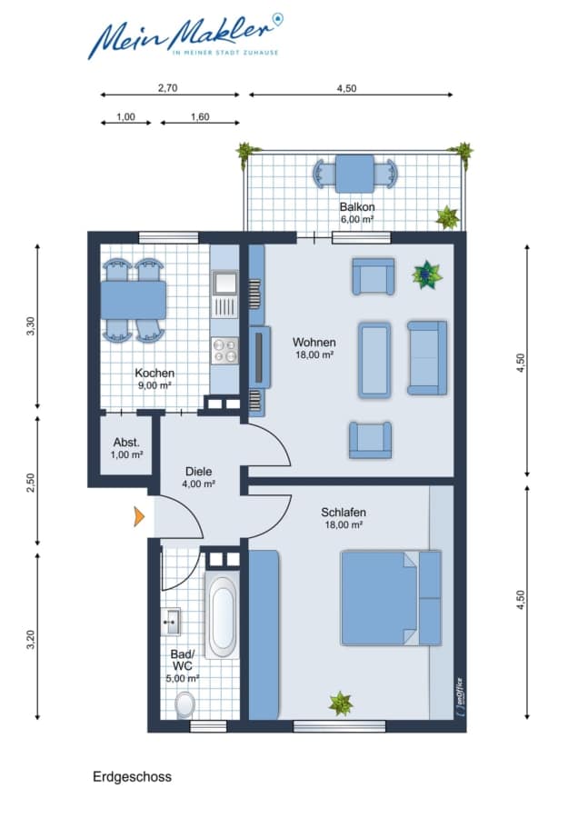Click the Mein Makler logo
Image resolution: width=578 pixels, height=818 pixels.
pos(185,35)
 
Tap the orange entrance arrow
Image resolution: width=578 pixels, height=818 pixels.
pos(139,516)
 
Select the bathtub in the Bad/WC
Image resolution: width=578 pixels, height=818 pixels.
pos(223,615)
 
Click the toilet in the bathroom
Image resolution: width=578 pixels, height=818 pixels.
pos(184,704)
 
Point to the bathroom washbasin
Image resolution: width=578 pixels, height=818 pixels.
pos(170,622)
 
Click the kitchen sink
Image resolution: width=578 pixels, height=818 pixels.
pos(224,283)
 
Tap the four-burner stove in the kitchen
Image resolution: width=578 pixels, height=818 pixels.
pos(224,350)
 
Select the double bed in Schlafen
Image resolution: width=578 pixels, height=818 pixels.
pos(391,598)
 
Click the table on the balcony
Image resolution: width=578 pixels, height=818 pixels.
pos(354,174)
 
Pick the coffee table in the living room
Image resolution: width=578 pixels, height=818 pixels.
pos(374,360)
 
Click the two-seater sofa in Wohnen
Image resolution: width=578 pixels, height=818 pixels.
pos(427,357)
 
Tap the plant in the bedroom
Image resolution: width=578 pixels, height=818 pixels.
pos(340,703)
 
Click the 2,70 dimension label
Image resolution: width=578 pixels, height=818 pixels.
pos(168,88)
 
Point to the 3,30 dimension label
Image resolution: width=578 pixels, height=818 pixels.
pos(31,326)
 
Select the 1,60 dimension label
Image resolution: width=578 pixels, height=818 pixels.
pos(200,117)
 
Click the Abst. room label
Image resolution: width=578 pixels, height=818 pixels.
pos(126,443)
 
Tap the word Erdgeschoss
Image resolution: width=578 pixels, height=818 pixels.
pos(132,777)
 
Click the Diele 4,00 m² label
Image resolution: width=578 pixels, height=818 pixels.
pos(199,477)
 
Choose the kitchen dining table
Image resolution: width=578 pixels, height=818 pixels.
pos(133,300)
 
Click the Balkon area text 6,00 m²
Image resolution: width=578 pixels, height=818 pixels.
pos(357,220)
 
